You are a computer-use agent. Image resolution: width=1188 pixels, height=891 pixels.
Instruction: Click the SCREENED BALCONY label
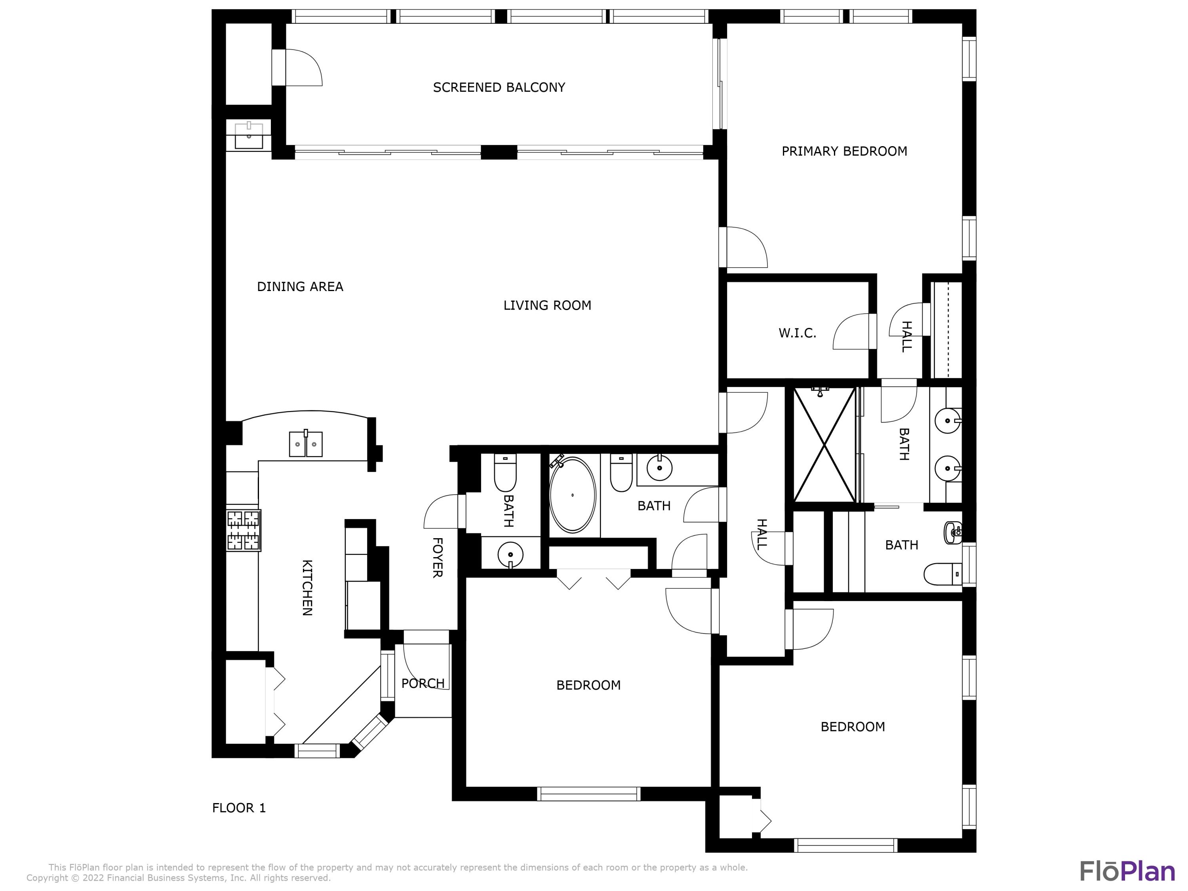click(x=499, y=88)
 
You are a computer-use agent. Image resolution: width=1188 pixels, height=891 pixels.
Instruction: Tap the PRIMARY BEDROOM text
click(x=844, y=151)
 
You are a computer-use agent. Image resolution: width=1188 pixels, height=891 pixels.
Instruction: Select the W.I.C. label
click(x=797, y=333)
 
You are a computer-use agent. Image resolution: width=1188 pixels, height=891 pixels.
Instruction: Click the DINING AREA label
click(x=300, y=287)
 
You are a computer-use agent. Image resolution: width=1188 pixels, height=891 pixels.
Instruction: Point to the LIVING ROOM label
click(x=547, y=306)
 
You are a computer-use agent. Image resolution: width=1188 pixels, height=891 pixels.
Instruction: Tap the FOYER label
click(x=437, y=558)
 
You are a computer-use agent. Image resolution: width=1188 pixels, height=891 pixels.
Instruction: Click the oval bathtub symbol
click(x=573, y=495)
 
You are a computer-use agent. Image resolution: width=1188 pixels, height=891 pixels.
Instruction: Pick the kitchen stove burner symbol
click(x=243, y=531)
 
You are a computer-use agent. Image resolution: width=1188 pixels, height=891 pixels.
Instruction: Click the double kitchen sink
click(x=306, y=444)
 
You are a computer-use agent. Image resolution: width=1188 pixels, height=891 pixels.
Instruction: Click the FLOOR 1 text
click(x=239, y=808)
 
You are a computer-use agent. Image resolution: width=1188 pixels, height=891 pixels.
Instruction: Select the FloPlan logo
click(x=1127, y=871)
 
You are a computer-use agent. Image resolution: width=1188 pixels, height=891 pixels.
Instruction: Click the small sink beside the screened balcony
click(x=249, y=135)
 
